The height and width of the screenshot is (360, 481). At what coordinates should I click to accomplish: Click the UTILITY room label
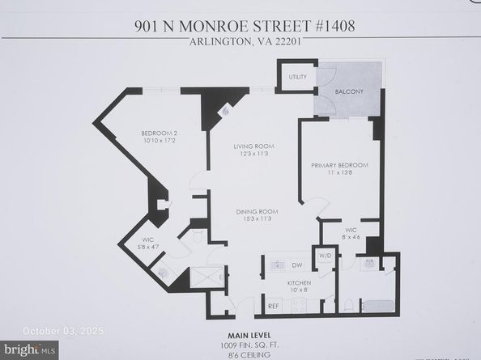pyautogui.click(x=297, y=77)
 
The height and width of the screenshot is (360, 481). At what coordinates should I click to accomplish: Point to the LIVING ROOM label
pyautogui.click(x=253, y=146)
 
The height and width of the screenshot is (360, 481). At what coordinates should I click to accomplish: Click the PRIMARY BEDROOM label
pyautogui.click(x=339, y=166)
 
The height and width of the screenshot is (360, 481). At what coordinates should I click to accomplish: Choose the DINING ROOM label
pyautogui.click(x=257, y=212)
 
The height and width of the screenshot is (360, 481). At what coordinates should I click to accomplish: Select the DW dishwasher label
pyautogui.click(x=297, y=265)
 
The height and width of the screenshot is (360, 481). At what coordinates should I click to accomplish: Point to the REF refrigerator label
pyautogui.click(x=274, y=306)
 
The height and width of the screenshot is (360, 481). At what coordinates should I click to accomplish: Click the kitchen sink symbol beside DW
pyautogui.click(x=276, y=265)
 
